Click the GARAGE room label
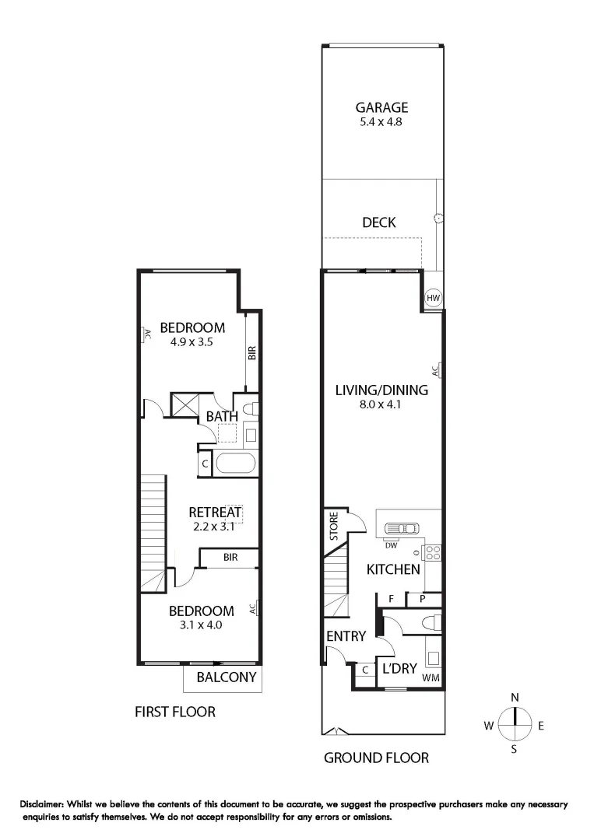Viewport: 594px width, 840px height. (x=381, y=108)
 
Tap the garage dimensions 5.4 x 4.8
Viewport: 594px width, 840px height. (x=381, y=122)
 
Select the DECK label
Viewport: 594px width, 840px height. (x=379, y=222)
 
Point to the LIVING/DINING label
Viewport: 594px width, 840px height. (x=381, y=390)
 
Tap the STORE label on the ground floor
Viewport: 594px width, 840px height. (x=333, y=527)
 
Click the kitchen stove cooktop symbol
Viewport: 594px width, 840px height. (x=432, y=553)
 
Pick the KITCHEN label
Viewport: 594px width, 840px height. (x=394, y=570)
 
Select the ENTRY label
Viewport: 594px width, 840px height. (x=346, y=636)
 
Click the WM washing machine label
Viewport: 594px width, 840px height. (x=431, y=679)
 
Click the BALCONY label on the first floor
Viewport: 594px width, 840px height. (x=226, y=677)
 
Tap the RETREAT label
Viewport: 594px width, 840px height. (x=216, y=512)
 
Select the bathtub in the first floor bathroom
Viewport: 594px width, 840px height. (x=234, y=464)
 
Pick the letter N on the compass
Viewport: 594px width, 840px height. (x=515, y=698)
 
